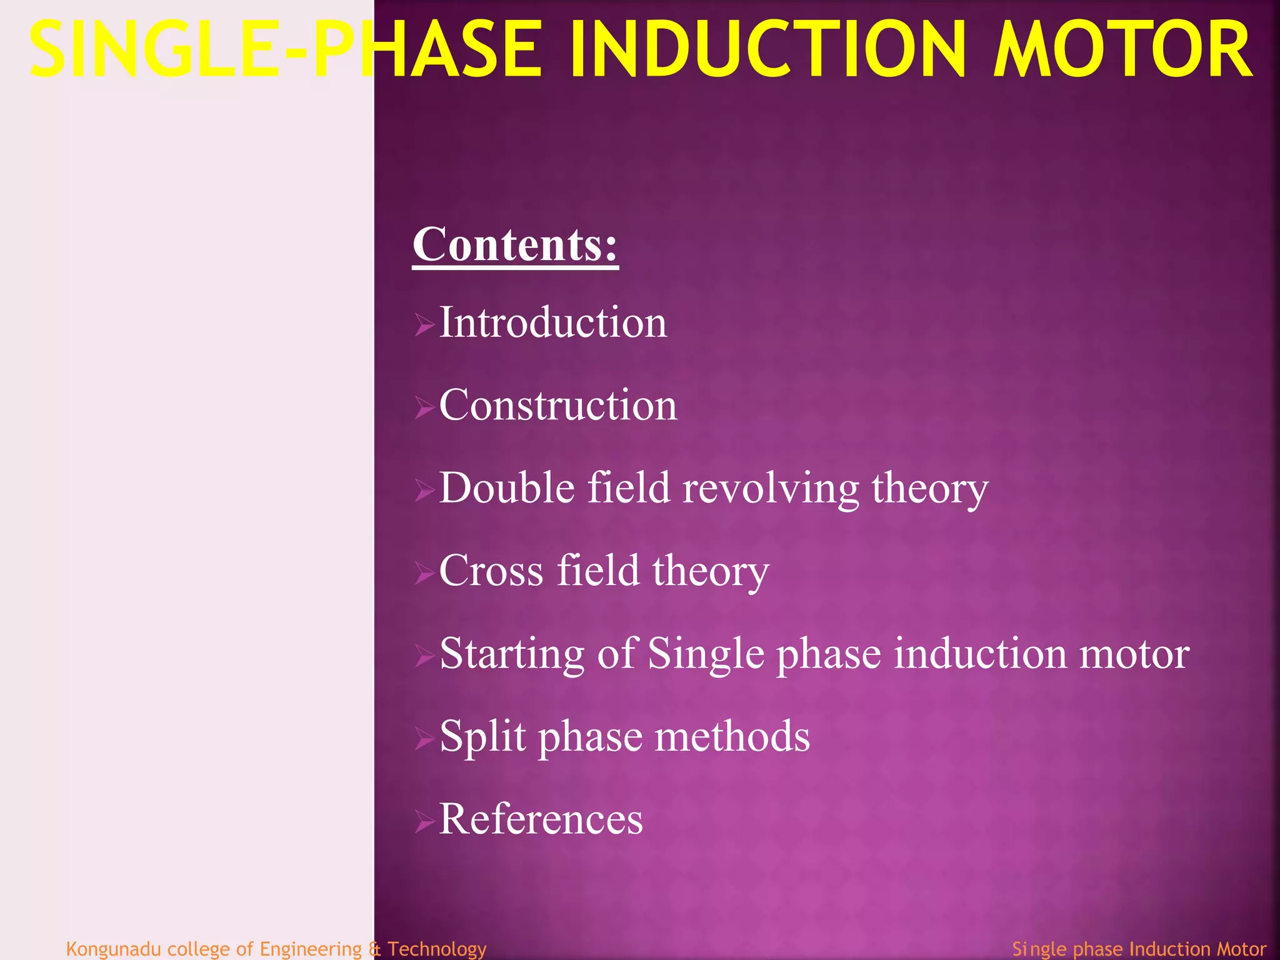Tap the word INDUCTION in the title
[767, 50]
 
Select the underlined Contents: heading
[515, 245]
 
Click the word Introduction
[553, 323]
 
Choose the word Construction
[558, 406]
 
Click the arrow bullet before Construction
[424, 409]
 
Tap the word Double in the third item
[507, 488]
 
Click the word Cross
[491, 571]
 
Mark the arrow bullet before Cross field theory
[424, 573]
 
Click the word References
[541, 819]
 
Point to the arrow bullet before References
[424, 822]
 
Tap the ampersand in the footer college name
[374, 949]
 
